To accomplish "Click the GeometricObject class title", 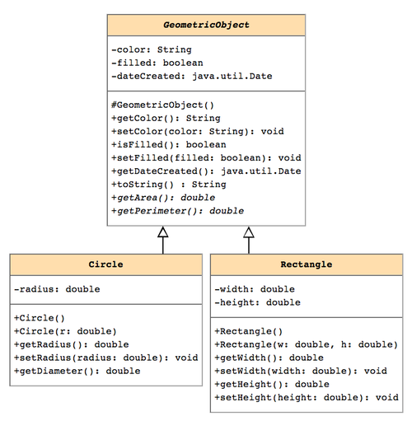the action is click(x=206, y=25).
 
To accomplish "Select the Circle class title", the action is click(x=105, y=264).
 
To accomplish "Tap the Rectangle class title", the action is click(x=307, y=264).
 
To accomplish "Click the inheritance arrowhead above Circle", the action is click(x=163, y=232).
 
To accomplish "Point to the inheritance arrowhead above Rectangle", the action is click(x=249, y=232).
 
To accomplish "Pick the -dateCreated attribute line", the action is click(x=192, y=76).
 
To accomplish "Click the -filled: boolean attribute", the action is click(x=157, y=63).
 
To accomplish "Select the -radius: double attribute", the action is click(x=57, y=289).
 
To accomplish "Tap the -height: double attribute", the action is click(x=258, y=302).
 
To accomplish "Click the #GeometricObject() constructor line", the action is click(x=162, y=105).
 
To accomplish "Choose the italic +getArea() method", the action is click(x=163, y=198).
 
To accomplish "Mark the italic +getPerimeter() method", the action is click(x=178, y=211).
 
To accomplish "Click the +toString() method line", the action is click(x=169, y=185).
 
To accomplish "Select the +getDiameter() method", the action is click(x=77, y=371).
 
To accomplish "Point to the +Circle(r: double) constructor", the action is click(x=65, y=331).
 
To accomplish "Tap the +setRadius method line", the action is click(x=106, y=358).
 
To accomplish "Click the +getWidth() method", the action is click(x=269, y=358).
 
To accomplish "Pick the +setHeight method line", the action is click(x=307, y=397).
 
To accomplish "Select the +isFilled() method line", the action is click(x=169, y=144).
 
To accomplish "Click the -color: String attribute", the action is click(x=152, y=49).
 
